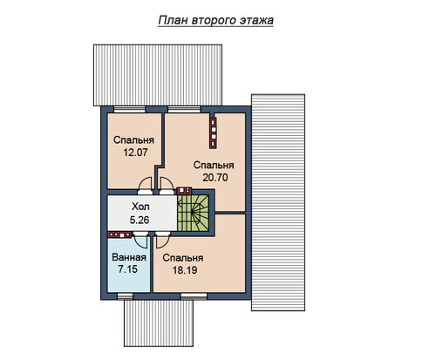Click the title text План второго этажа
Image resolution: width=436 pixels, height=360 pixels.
[x=215, y=21]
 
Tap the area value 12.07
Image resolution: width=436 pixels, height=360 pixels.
[x=135, y=153]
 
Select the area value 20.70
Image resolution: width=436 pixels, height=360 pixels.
[x=215, y=177]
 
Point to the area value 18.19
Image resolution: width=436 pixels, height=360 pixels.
[x=185, y=270]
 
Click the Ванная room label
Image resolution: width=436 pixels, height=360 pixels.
[x=129, y=257]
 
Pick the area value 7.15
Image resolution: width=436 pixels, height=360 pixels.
[x=128, y=269]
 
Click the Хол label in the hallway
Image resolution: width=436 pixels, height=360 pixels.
[x=140, y=207]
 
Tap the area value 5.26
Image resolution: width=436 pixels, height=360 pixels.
[x=140, y=220]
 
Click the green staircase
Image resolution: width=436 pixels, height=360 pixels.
[x=194, y=213]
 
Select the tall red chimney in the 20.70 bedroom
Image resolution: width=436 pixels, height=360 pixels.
[x=214, y=133]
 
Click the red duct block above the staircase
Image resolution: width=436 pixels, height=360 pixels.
[x=184, y=191]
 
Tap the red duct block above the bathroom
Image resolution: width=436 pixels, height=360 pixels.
[x=119, y=234]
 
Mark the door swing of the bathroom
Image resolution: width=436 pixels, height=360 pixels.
[x=141, y=241]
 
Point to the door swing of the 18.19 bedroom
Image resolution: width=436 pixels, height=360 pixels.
[x=162, y=241]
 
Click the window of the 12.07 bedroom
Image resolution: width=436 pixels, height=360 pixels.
[x=129, y=109]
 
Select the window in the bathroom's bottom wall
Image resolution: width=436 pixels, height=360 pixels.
[x=125, y=296]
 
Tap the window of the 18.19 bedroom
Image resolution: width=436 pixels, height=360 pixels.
[x=194, y=296]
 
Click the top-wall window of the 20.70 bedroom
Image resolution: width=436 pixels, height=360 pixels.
[x=184, y=109]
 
